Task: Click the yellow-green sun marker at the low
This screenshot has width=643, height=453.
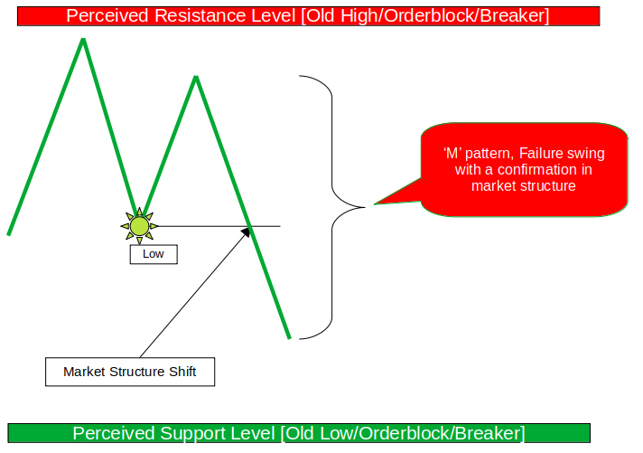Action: [139, 225]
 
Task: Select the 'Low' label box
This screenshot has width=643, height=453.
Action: [154, 254]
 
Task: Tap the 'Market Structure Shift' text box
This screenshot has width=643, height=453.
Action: [130, 372]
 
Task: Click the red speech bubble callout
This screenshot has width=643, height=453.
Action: [524, 169]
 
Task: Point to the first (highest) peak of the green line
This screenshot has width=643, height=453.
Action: [83, 40]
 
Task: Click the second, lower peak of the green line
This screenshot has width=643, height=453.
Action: [195, 77]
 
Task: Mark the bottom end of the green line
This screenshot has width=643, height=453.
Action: [289, 337]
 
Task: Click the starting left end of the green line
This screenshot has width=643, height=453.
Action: [9, 234]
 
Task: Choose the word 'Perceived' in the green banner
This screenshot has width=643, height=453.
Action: [112, 432]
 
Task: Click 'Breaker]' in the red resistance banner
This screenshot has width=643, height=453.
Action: [516, 15]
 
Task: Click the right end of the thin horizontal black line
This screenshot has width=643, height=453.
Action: [280, 226]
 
